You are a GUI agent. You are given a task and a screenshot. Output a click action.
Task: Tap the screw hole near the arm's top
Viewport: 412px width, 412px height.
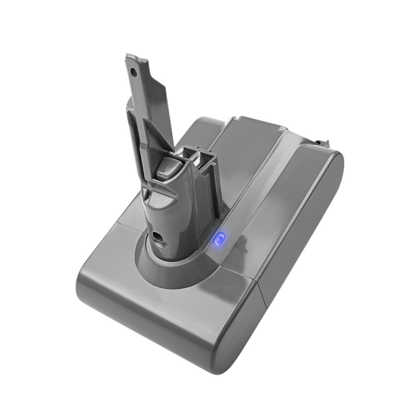132,69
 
